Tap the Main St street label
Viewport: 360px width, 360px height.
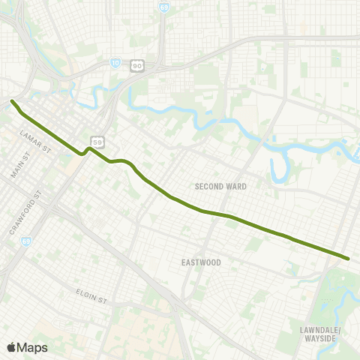(19, 163)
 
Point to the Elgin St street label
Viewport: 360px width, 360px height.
(92, 295)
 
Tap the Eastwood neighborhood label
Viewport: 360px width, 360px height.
(202, 262)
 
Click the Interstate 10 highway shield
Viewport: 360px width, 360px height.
(113, 64)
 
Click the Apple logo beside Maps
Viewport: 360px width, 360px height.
(11, 347)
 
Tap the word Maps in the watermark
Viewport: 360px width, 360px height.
(32, 347)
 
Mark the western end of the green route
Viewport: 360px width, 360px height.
(12, 101)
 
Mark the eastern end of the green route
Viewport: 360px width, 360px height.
(349, 259)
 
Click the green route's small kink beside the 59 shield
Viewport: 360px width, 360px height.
(86, 151)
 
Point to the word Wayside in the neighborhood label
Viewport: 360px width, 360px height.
(320, 338)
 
